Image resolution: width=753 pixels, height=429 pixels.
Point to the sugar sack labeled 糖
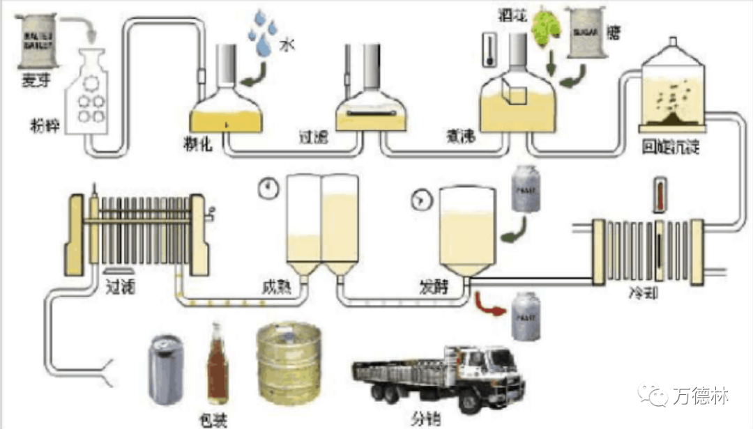click(x=585, y=31)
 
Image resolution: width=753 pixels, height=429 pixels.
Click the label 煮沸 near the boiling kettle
click(x=461, y=136)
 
